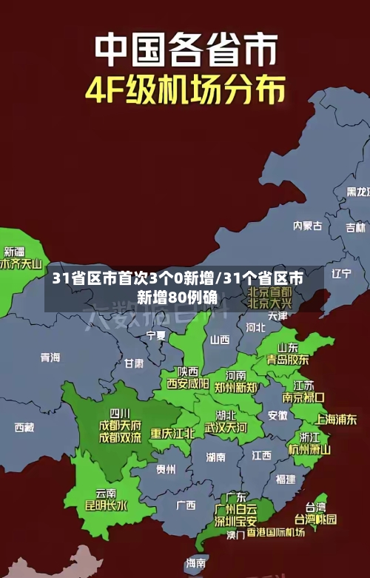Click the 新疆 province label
pyautogui.click(x=15, y=231)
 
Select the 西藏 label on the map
pyautogui.click(x=24, y=427)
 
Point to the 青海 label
pyautogui.click(x=50, y=357)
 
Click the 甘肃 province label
pyautogui.click(x=134, y=363)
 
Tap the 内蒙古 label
pyautogui.click(x=308, y=204)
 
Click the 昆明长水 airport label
pyautogui.click(x=106, y=506)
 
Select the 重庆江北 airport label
pyautogui.click(x=172, y=432)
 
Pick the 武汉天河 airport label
pyautogui.click(x=226, y=427)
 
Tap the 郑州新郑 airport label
pyautogui.click(x=236, y=387)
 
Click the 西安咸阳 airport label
pyautogui.click(x=187, y=383)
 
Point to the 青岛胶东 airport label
pyautogui.click(x=288, y=359)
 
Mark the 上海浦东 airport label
pyautogui.click(x=336, y=419)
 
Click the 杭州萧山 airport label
pyautogui.click(x=309, y=448)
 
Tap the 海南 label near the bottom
pyautogui.click(x=195, y=563)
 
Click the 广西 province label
pyautogui.click(x=186, y=505)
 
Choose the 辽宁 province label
pyautogui.click(x=341, y=273)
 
